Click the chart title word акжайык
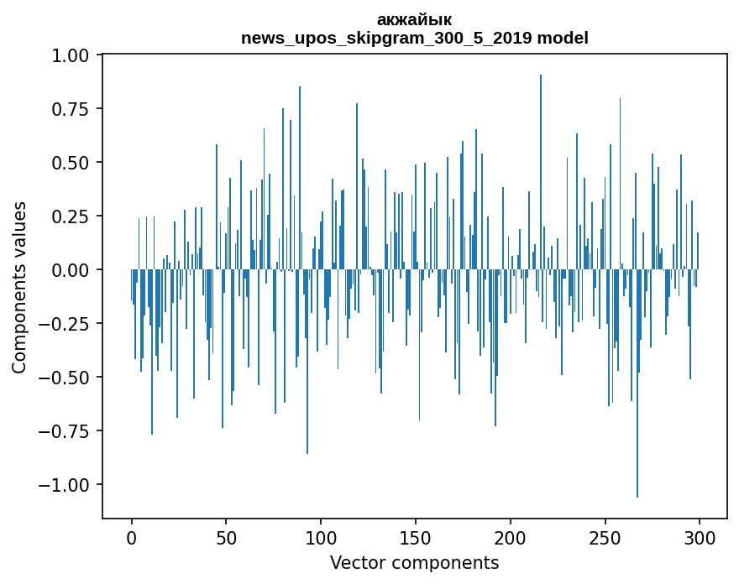coord(414,20)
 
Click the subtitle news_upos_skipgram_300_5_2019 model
coord(414,38)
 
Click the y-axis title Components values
coord(19,287)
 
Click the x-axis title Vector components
coord(414,562)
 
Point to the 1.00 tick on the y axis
coord(75,55)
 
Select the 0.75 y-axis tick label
coord(75,109)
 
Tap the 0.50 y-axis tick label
coord(75,163)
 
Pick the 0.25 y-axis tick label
coord(75,216)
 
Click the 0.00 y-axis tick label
coord(75,270)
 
